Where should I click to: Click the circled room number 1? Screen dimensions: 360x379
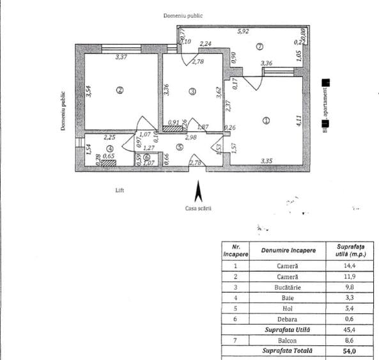(x=267, y=120)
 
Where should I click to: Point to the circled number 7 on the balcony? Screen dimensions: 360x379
(x=259, y=46)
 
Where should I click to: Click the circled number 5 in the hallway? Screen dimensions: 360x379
(x=180, y=147)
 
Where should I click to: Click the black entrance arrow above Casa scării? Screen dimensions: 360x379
(x=198, y=191)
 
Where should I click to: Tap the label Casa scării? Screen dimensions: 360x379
(x=198, y=208)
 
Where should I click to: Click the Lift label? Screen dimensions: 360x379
(x=120, y=190)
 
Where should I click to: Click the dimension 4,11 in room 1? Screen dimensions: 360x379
(x=298, y=118)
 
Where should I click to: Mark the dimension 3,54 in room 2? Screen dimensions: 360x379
(x=89, y=90)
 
